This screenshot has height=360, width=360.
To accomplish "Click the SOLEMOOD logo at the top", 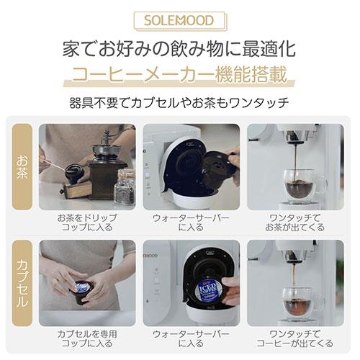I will coord(179,19).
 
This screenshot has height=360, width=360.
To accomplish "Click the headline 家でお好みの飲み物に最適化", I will coord(179,50).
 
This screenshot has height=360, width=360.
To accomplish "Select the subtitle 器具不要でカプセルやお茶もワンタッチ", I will coord(179,102).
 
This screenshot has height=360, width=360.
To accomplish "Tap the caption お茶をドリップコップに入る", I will coord(87,221).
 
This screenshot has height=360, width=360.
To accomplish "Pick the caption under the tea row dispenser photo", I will coord(191,221).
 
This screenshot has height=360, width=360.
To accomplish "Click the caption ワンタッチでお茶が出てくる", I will coord(294,221).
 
